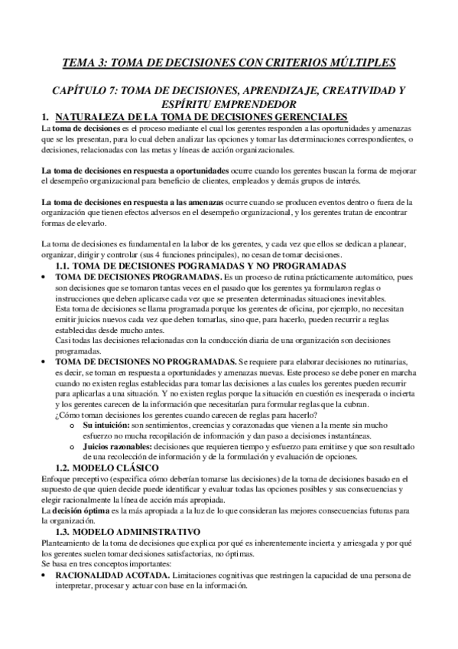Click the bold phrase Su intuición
click(x=105, y=424)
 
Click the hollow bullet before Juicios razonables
click(x=74, y=445)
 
